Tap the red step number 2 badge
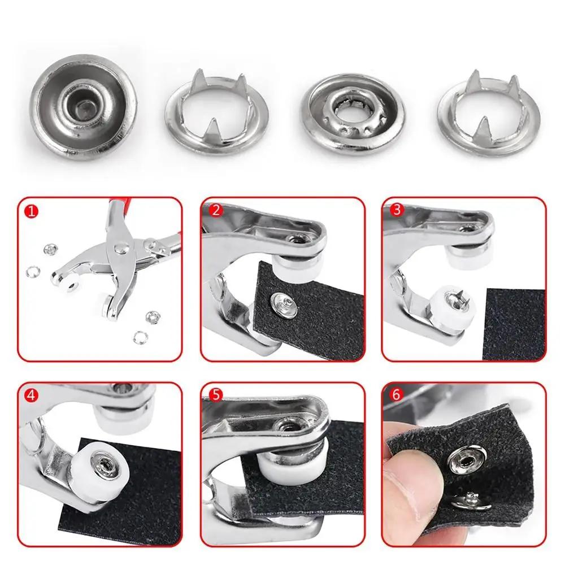(216, 210)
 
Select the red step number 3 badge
(397, 210)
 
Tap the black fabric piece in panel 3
(514, 322)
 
